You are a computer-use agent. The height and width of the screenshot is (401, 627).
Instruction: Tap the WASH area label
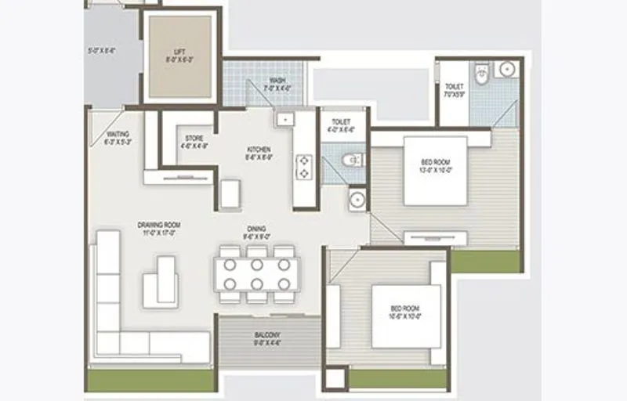click(277, 80)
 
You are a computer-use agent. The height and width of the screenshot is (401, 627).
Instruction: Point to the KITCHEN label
click(259, 149)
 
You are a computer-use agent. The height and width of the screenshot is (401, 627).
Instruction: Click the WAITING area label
click(117, 134)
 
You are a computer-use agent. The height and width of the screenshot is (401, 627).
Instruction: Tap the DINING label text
click(256, 229)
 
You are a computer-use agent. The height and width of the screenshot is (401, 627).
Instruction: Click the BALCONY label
click(267, 335)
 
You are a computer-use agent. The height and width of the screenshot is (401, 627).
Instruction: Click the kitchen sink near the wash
click(284, 120)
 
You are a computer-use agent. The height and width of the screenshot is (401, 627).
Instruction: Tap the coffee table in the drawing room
click(161, 280)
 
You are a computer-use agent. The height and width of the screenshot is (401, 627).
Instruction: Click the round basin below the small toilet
click(357, 198)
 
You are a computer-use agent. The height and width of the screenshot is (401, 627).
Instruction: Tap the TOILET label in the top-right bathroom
click(454, 86)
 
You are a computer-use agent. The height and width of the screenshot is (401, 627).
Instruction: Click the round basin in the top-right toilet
click(507, 69)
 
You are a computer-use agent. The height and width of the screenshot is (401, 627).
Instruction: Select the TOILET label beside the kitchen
click(341, 122)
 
